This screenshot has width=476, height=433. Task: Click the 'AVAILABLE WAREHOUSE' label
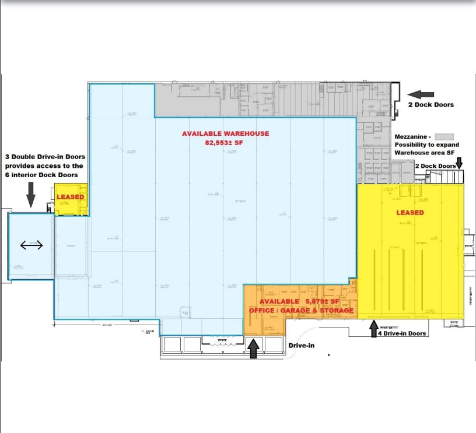pos(225,133)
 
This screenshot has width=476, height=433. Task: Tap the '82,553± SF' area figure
pos(225,142)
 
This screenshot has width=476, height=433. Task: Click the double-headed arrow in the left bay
pos(32,245)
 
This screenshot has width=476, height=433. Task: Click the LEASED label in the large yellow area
pos(410,213)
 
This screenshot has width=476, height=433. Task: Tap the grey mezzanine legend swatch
pos(444,136)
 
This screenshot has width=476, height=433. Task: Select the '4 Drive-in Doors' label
pos(402,333)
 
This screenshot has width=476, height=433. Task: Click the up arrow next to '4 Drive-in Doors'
pos(373,329)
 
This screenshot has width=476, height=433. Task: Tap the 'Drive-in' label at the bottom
pos(302,346)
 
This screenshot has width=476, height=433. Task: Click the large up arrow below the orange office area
pos(254,348)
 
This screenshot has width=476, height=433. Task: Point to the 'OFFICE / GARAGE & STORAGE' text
pos(301,311)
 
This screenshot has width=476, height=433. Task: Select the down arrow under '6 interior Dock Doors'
pos(31,193)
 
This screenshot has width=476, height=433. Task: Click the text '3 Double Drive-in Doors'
pos(45,157)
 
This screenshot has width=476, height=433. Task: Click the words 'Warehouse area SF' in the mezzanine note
pos(425,153)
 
